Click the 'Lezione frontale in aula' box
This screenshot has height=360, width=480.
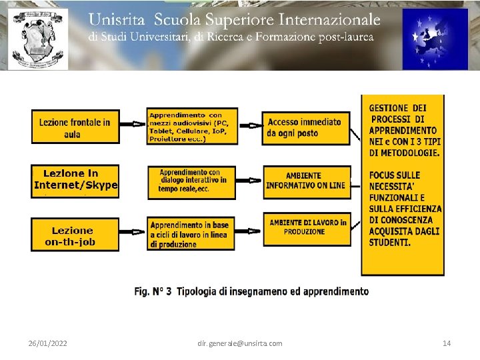[x=75, y=127]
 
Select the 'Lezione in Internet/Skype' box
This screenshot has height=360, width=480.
[x=75, y=180]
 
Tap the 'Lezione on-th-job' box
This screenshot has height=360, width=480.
[x=75, y=235]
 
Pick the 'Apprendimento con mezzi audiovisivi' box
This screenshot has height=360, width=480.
[x=191, y=127]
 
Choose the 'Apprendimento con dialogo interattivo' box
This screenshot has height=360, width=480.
[x=192, y=181]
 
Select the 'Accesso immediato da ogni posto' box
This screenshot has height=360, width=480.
[x=305, y=127]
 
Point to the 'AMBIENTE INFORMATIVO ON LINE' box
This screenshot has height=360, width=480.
[x=305, y=181]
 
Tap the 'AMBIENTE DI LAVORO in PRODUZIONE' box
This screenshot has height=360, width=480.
[x=307, y=227]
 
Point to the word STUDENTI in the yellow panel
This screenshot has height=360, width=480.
[x=390, y=242]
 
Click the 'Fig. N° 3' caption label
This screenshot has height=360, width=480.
[x=153, y=291]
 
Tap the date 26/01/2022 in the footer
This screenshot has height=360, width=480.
[x=47, y=343]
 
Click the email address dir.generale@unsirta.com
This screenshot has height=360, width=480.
[x=240, y=343]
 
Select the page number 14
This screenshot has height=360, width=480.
[x=447, y=343]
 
